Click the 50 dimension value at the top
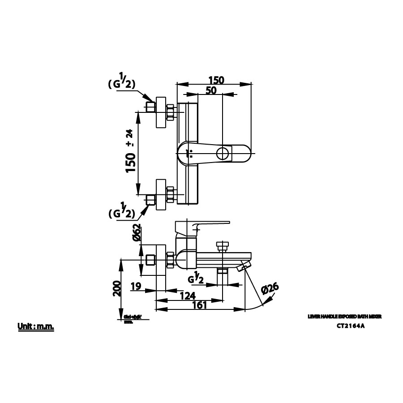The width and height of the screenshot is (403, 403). pos(211,90)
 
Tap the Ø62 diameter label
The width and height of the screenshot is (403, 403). pos(137,233)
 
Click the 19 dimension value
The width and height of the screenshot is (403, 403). pos(137,286)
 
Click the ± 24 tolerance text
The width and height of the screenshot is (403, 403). pos(130,138)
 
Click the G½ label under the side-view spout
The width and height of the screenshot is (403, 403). pos(197,279)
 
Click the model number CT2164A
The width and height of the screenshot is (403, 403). pos(351,326)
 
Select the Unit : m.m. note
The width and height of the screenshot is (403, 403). pos(36,327)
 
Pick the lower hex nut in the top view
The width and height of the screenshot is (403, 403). pos(171,194)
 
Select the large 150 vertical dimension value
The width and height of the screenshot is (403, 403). pos(130,163)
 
